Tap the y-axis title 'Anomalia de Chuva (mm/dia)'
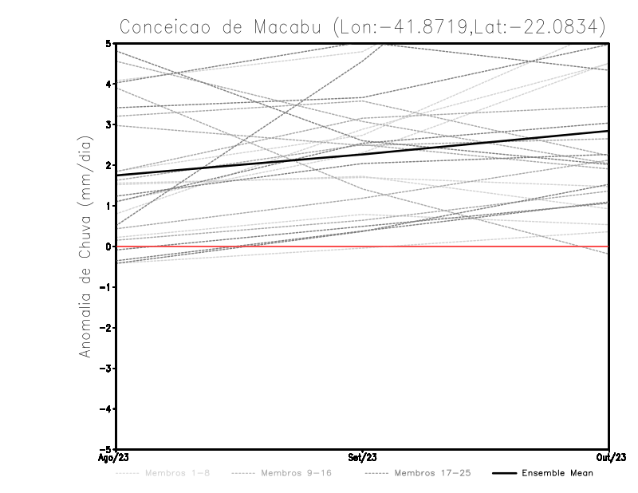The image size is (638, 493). click(85, 246)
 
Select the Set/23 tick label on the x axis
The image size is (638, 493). click(363, 457)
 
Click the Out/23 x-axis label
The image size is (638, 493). click(608, 457)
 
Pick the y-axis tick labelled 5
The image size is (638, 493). click(109, 43)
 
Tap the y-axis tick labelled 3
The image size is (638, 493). click(109, 124)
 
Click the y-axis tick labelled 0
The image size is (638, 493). click(109, 246)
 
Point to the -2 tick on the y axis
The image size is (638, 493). click(107, 328)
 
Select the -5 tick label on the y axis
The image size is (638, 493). click(107, 449)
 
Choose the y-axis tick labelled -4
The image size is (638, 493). click(107, 409)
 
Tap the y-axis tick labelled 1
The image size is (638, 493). click(109, 206)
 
